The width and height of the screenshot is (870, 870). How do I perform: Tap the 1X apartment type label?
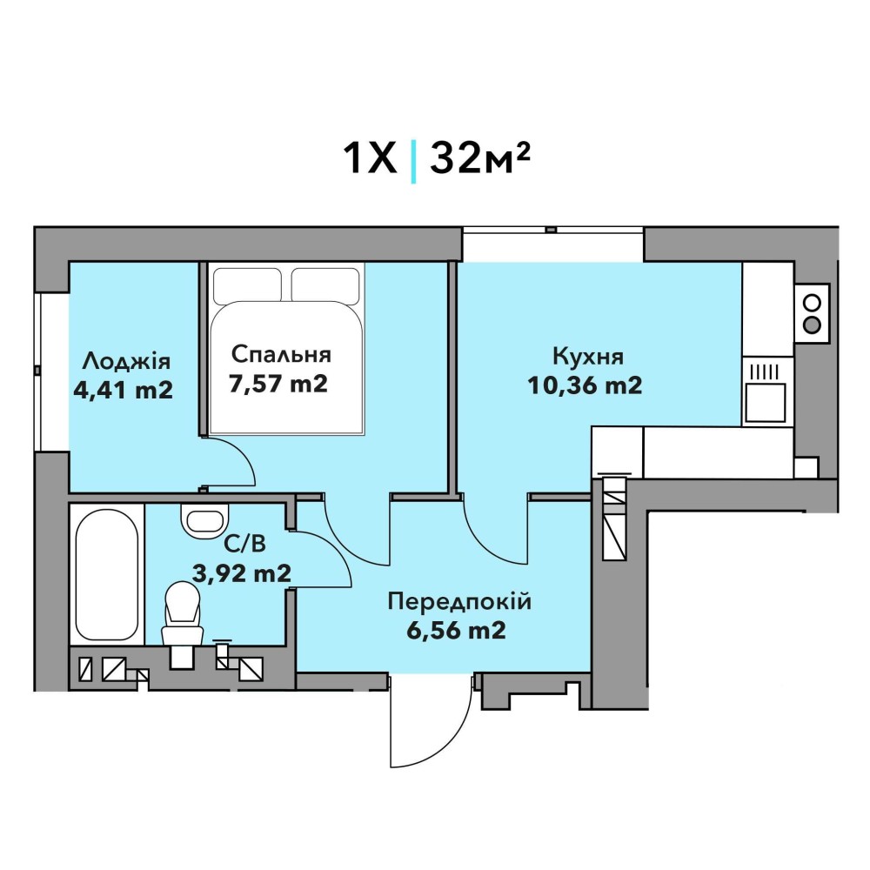point(371,158)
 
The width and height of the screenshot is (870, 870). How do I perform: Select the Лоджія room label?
point(126,361)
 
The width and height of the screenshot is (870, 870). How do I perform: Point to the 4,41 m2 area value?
point(124,390)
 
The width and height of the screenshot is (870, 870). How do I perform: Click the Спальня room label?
point(281,355)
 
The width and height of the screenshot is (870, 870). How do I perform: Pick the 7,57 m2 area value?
point(278,384)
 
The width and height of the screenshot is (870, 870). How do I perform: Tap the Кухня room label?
point(587,357)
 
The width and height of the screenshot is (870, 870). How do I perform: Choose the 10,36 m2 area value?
point(585,385)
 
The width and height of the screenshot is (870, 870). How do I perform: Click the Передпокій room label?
point(459,602)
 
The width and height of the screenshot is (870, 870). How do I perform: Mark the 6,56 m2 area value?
point(456,630)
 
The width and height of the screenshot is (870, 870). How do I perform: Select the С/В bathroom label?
point(244,545)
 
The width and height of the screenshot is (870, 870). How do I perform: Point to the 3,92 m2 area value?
point(242,572)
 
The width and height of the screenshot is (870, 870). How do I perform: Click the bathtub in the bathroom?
point(107,574)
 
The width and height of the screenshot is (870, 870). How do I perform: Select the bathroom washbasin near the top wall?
point(204,520)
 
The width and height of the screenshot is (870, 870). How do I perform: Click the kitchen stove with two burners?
point(812,314)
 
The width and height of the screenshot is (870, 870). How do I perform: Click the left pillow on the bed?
point(247,284)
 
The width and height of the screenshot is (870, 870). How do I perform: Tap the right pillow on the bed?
point(325,284)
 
